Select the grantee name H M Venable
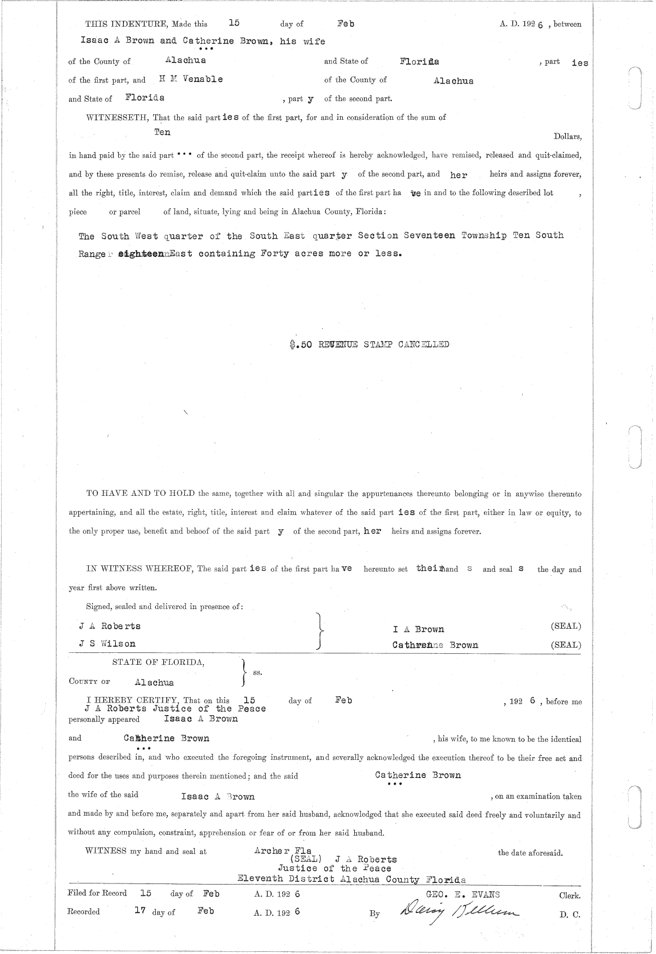click(x=191, y=79)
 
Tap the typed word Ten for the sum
click(x=162, y=132)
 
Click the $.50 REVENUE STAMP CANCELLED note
click(x=370, y=344)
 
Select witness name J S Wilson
click(x=108, y=644)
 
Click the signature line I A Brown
click(x=418, y=629)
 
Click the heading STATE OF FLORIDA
click(x=159, y=662)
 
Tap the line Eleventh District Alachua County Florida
click(x=352, y=880)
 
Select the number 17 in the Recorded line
click(x=140, y=911)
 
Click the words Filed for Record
click(x=97, y=893)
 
